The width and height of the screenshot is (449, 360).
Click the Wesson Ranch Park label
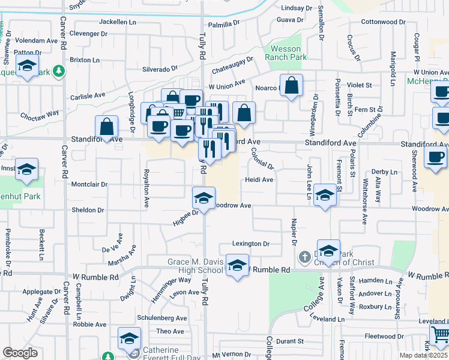(288, 53)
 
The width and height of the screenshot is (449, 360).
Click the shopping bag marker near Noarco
(292, 86)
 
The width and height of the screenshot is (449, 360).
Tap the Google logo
(20, 353)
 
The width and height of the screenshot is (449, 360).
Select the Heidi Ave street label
(259, 179)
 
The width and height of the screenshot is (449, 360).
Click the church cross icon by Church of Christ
(305, 257)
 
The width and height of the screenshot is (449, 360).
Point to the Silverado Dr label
(160, 69)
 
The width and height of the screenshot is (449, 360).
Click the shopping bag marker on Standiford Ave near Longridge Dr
(106, 127)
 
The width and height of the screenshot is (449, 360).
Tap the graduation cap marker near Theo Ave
(129, 339)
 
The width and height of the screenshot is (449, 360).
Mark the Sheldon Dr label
(88, 210)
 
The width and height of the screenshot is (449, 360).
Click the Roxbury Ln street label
(375, 306)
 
